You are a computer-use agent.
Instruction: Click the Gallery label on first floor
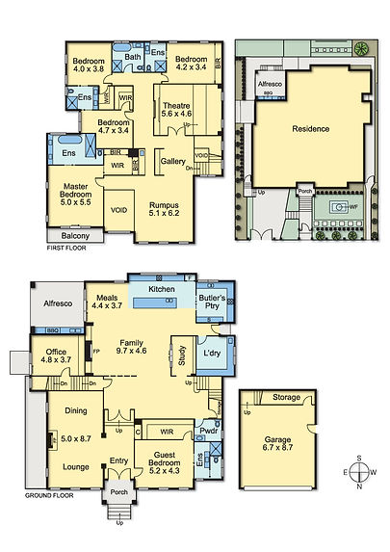[x=173, y=161]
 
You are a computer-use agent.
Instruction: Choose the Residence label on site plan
[x=310, y=128]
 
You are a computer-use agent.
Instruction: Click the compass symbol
[x=359, y=472]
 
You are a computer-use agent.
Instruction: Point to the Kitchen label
[x=160, y=289]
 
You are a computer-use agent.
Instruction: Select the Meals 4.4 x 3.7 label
[x=107, y=302]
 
